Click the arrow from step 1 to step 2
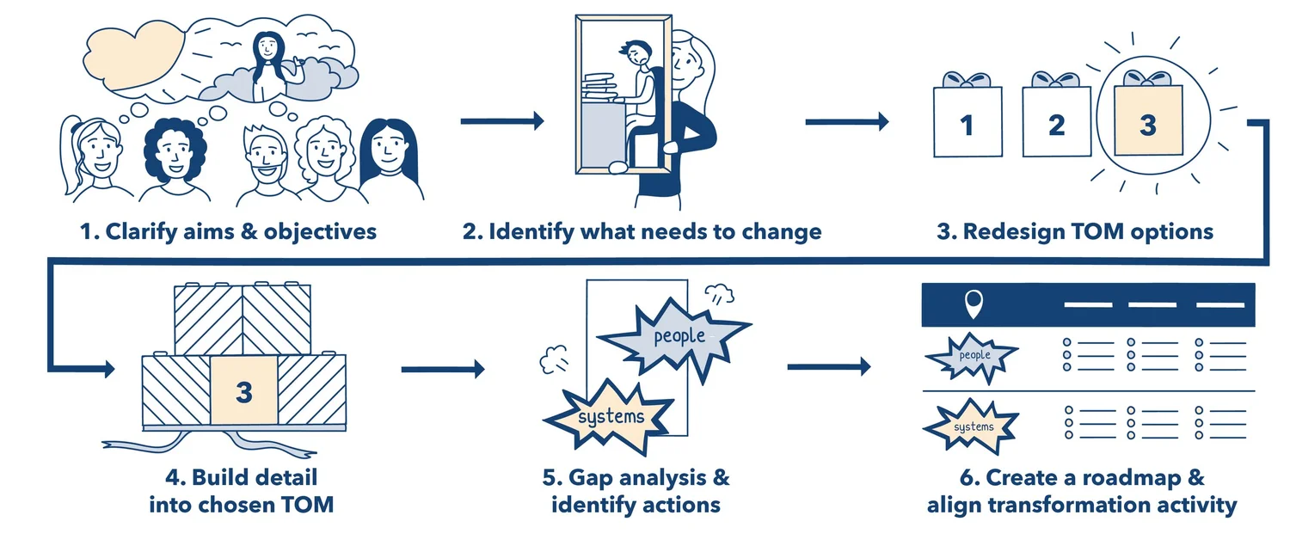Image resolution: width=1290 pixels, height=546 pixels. tap(502, 121)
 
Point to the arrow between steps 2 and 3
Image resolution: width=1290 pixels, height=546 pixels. tap(846, 122)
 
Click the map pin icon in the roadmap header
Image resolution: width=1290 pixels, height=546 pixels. tap(974, 304)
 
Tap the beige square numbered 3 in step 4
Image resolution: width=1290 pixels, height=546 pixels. tap(244, 392)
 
